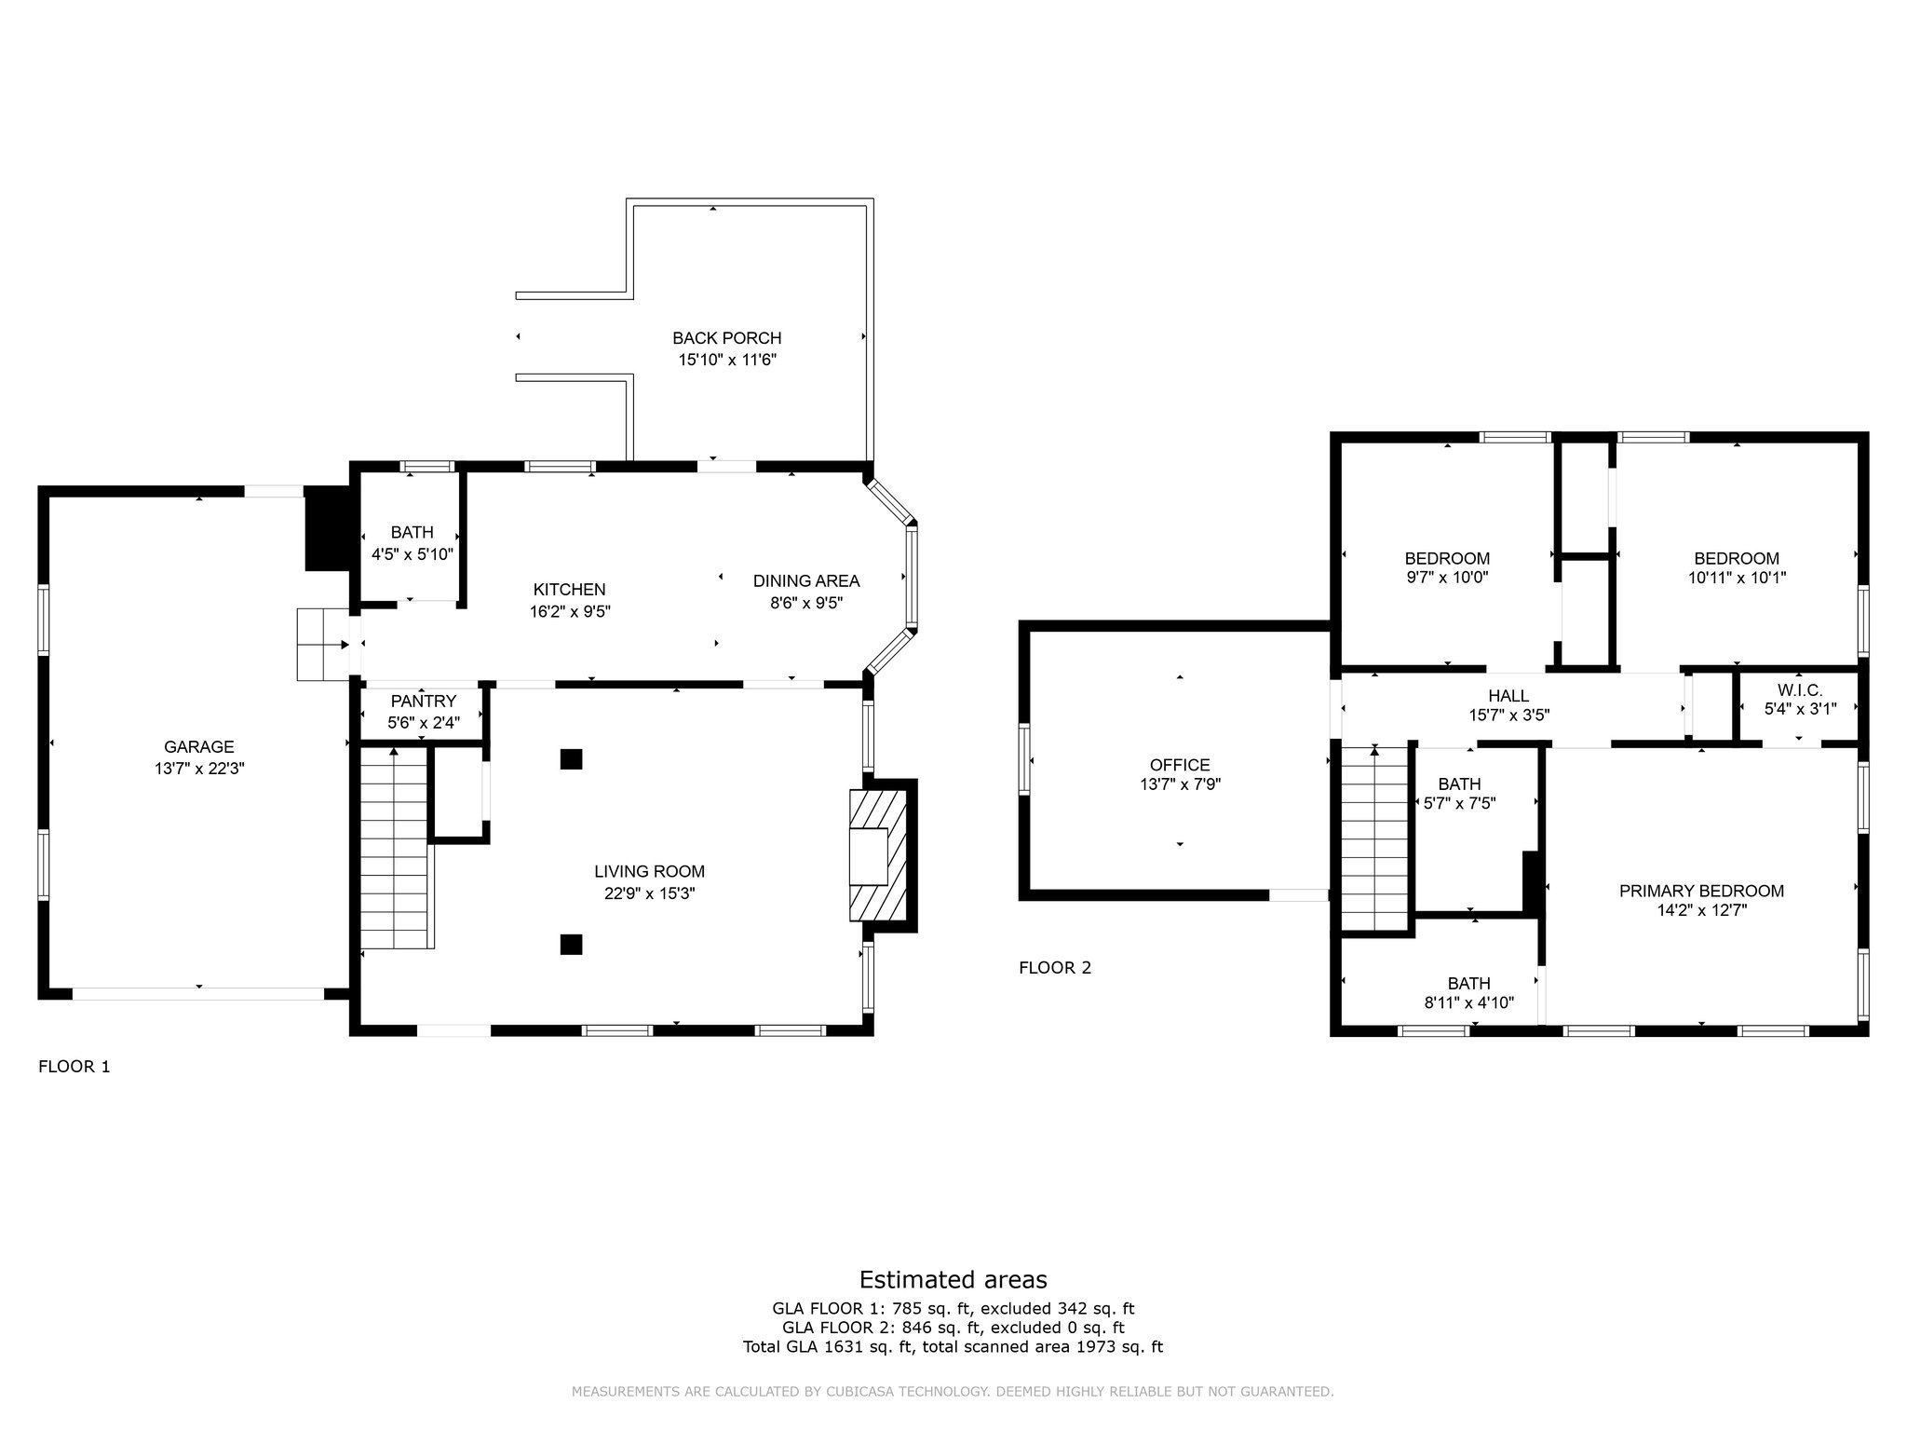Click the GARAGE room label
[198, 746]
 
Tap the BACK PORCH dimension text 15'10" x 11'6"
[726, 360]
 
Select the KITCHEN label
[569, 589]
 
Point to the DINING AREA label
[805, 580]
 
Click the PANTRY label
[423, 701]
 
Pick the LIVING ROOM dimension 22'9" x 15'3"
[649, 893]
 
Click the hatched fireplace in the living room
[876, 856]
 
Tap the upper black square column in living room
[571, 758]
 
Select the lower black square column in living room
[571, 944]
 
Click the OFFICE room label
[1179, 765]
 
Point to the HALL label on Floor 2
[1508, 695]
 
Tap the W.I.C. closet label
[1799, 689]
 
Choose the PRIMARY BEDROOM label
[1700, 891]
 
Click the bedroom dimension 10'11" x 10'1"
[1736, 578]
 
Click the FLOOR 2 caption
[1054, 967]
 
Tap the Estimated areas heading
[953, 1279]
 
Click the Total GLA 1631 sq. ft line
[953, 1346]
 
